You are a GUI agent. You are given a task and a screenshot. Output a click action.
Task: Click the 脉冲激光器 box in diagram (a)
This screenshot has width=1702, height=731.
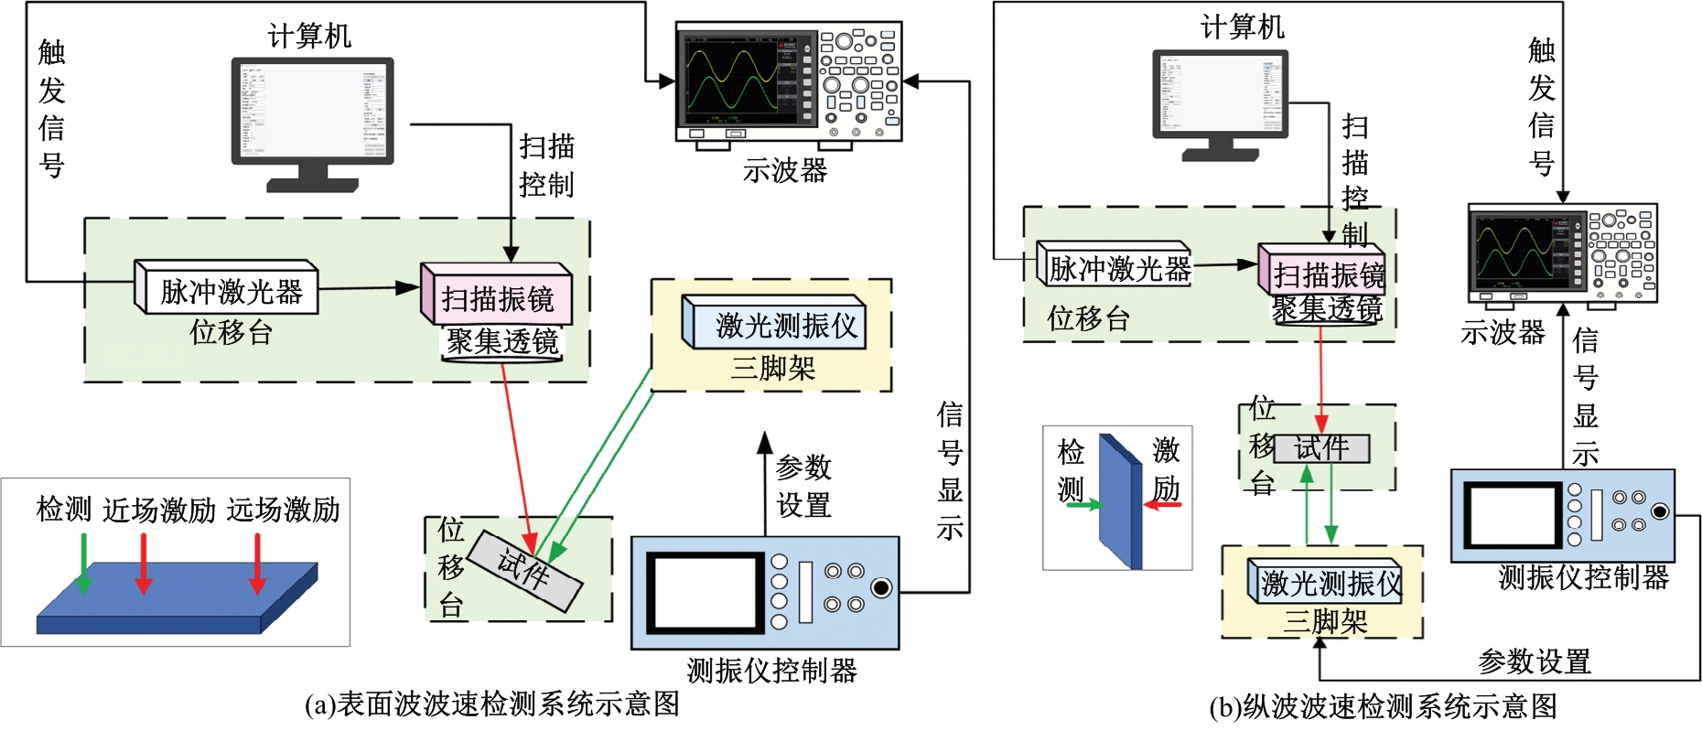229,291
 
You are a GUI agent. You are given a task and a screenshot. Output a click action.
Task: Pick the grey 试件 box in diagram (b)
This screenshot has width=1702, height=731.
1321,448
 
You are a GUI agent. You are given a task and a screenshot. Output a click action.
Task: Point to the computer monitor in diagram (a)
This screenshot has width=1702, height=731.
312,110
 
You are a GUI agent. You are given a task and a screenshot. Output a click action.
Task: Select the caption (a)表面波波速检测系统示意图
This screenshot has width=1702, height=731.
491,704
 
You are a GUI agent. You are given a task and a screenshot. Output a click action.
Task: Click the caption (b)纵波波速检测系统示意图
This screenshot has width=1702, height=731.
1383,706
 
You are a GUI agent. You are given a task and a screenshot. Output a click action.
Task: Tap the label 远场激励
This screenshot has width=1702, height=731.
284,510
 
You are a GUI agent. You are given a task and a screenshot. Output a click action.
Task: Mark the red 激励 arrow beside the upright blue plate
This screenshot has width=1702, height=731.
1163,504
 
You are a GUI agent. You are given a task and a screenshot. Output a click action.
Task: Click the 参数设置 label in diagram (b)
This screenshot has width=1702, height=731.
1535,661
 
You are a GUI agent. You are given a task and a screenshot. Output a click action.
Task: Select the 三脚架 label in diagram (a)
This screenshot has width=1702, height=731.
772,369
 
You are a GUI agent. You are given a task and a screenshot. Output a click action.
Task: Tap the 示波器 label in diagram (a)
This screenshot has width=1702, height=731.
784,170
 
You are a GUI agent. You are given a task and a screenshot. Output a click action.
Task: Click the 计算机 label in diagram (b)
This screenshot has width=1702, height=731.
1242,27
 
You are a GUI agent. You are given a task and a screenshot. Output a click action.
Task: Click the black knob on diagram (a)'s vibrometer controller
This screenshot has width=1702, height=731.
881,587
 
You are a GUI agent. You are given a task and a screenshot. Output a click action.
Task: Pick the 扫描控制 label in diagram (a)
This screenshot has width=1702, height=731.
546,166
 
